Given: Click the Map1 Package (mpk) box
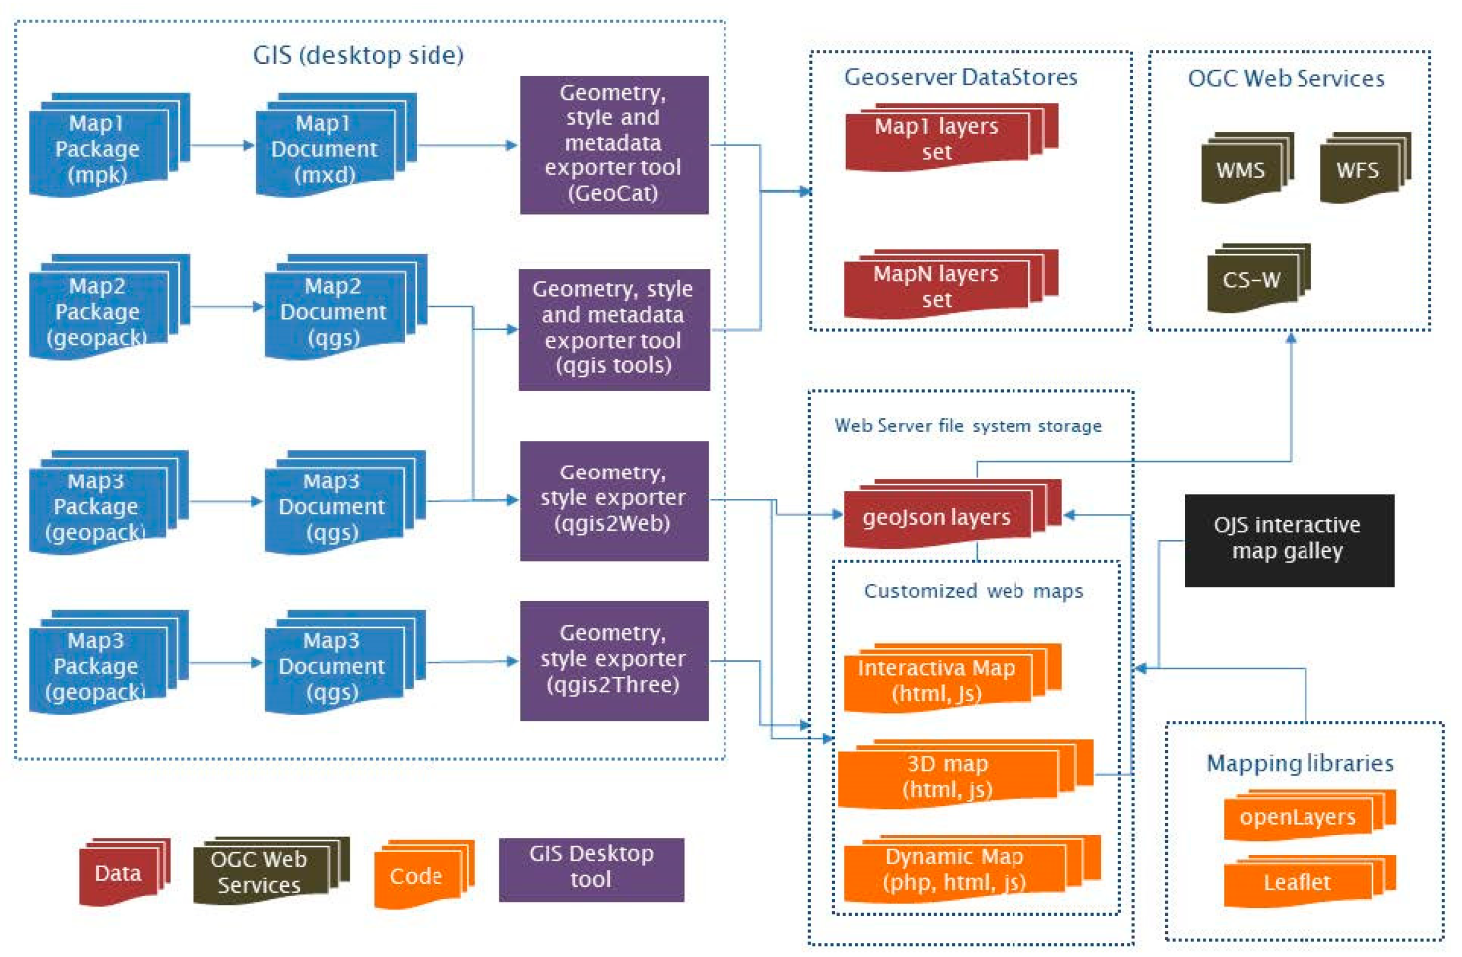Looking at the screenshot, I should (x=98, y=149).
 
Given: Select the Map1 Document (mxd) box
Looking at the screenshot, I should (x=325, y=149).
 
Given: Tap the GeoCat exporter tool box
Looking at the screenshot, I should (x=614, y=145).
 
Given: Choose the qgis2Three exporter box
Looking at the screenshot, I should (x=614, y=660).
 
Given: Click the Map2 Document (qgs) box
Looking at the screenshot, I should (x=334, y=311).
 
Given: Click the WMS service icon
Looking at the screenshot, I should (x=1241, y=170).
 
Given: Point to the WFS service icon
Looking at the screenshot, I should (x=1358, y=170).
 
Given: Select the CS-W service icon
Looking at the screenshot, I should (x=1251, y=280).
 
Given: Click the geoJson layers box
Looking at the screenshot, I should (x=937, y=517).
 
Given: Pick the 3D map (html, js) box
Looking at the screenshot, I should (x=948, y=777).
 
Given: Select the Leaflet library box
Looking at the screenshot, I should (x=1297, y=883).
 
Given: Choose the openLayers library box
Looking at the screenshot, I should (x=1297, y=818).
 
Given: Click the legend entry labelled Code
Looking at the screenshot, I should (x=416, y=876).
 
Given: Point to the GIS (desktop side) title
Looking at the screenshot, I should (x=358, y=55).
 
